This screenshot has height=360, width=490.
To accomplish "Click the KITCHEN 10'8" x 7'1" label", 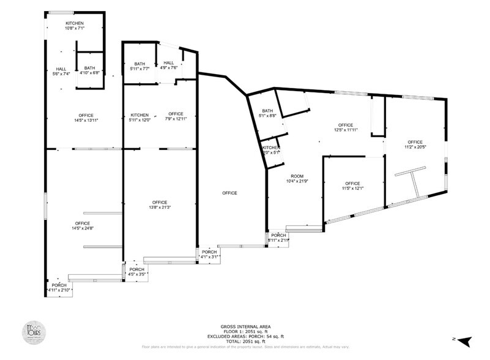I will (75, 25).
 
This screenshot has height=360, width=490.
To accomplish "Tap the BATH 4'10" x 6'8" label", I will (90, 70).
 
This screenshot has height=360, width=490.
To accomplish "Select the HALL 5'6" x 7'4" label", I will (61, 71).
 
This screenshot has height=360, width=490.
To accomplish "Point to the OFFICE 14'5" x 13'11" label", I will (86, 118).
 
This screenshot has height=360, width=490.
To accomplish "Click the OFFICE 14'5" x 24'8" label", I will (83, 225).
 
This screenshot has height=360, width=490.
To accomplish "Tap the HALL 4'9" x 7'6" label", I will (168, 65).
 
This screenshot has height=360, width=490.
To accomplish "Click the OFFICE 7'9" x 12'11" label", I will (176, 116).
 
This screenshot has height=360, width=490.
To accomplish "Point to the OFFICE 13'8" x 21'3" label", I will (160, 204).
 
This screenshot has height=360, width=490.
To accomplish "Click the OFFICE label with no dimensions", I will (229, 193).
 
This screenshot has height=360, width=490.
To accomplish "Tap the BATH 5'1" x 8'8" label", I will (267, 113).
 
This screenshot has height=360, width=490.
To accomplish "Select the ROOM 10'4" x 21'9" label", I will (297, 178).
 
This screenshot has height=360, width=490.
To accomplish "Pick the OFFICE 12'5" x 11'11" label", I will (346, 127).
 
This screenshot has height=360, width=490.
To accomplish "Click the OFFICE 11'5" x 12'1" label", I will (352, 186).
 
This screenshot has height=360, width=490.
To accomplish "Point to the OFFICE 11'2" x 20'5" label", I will (415, 144).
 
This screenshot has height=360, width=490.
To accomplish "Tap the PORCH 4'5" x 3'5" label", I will (136, 271).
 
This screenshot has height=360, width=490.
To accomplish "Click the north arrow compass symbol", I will (464, 340).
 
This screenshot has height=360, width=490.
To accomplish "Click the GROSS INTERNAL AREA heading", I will (245, 326).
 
